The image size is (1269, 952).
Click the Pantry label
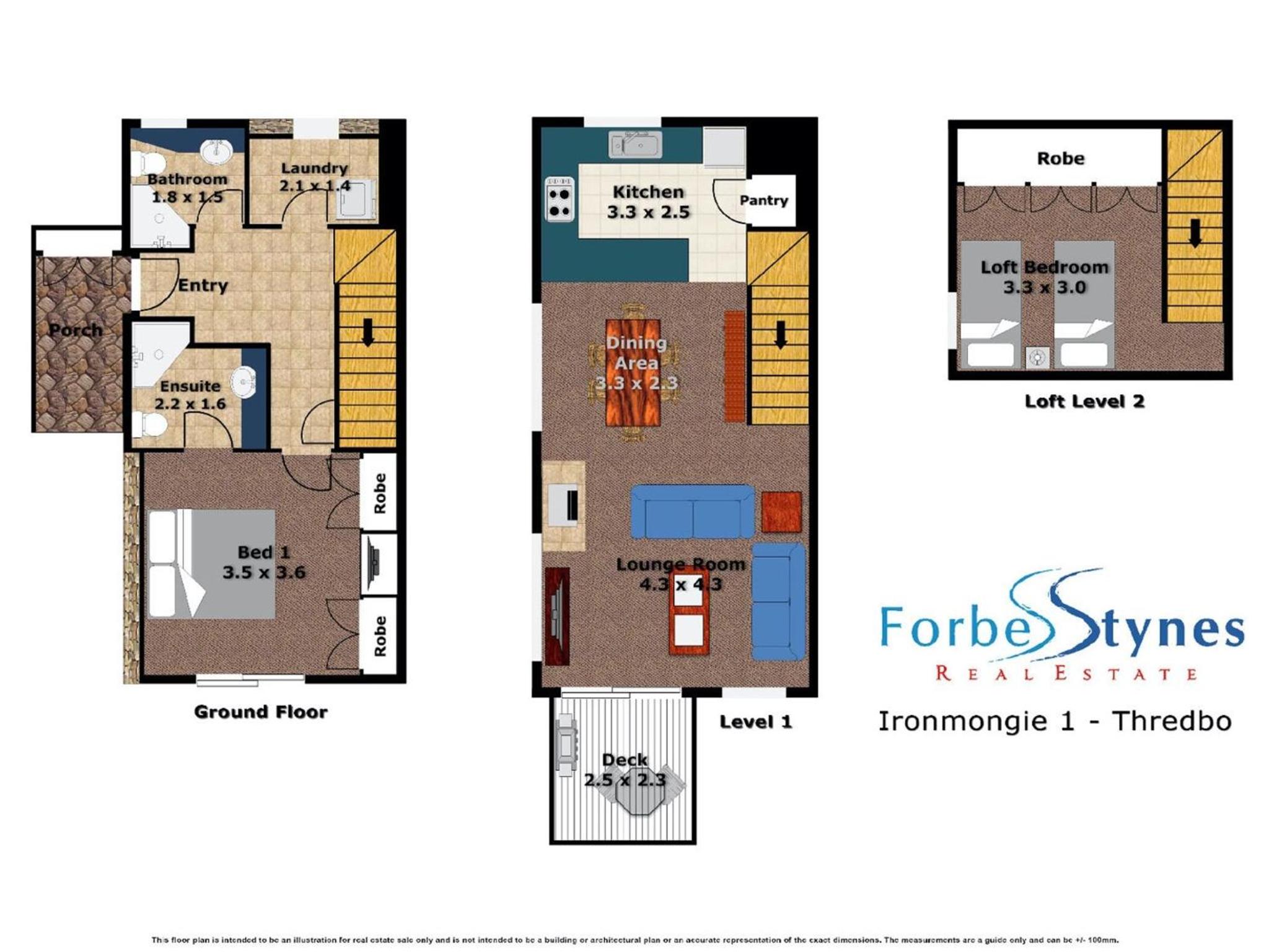[x=763, y=200]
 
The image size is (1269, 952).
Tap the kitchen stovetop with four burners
[x=560, y=199]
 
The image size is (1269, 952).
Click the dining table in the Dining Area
[x=633, y=372]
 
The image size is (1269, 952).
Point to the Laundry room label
[x=314, y=168]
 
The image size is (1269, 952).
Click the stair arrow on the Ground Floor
[x=367, y=332]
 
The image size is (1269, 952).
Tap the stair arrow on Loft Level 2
[x=1195, y=233]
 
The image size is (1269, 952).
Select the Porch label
[x=76, y=330]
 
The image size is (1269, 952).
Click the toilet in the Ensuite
[x=149, y=425]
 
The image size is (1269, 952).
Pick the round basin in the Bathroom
[x=216, y=151]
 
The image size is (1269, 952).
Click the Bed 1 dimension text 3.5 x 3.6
[x=264, y=572]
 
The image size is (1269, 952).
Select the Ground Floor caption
[x=261, y=712]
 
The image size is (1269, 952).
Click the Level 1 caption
[x=755, y=721]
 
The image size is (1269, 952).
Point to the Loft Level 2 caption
[x=1084, y=401]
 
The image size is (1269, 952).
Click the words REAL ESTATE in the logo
[x=1066, y=673]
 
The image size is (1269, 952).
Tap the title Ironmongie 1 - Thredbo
[x=1055, y=721]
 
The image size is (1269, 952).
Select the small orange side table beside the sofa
[x=781, y=512]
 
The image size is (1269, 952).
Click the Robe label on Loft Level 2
[x=1061, y=159]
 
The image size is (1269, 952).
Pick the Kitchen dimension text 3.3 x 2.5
[x=648, y=212]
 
